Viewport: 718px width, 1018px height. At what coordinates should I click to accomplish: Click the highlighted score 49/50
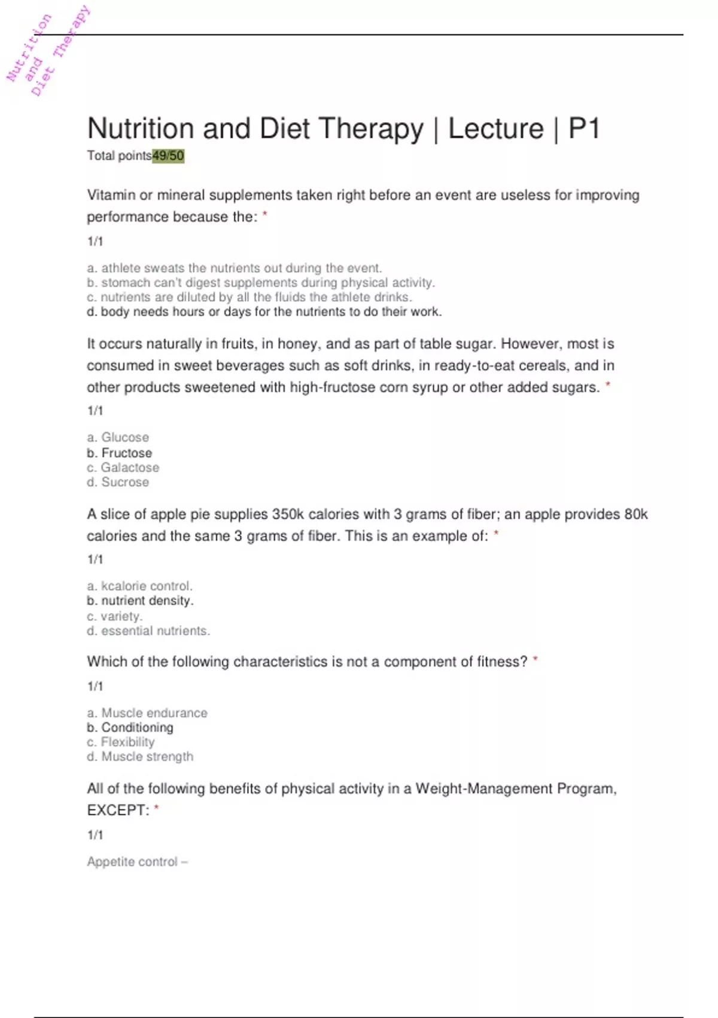pyautogui.click(x=168, y=156)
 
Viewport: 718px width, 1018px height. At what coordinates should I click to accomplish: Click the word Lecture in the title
pyautogui.click(x=495, y=129)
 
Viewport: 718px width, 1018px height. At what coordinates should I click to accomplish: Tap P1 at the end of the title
pyautogui.click(x=583, y=129)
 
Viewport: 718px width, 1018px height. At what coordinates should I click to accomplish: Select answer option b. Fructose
pyautogui.click(x=120, y=453)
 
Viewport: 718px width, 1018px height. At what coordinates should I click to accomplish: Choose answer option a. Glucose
pyautogui.click(x=118, y=437)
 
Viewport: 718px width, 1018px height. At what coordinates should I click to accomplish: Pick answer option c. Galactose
pyautogui.click(x=123, y=468)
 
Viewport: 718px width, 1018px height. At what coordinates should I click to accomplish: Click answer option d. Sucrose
pyautogui.click(x=118, y=482)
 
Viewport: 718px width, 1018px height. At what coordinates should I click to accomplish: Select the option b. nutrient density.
pyautogui.click(x=140, y=601)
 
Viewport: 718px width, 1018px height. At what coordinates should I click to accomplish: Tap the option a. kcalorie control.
pyautogui.click(x=139, y=586)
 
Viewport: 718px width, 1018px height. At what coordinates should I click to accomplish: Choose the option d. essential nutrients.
pyautogui.click(x=148, y=631)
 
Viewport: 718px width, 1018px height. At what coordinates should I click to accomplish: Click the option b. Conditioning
pyautogui.click(x=130, y=728)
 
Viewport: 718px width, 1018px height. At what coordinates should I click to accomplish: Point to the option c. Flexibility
pyautogui.click(x=121, y=742)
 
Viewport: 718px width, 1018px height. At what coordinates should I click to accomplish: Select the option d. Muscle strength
pyautogui.click(x=140, y=756)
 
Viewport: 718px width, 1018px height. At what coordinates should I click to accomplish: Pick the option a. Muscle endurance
pyautogui.click(x=147, y=713)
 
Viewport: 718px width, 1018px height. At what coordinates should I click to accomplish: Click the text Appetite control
pyautogui.click(x=133, y=862)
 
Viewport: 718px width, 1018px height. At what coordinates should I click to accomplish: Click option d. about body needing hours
pyautogui.click(x=264, y=311)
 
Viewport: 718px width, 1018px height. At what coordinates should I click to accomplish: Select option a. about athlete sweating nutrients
pyautogui.click(x=234, y=268)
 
